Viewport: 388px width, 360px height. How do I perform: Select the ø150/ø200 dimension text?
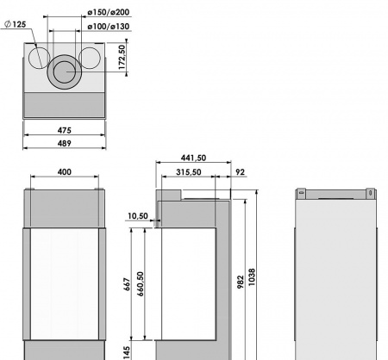click(x=110, y=13)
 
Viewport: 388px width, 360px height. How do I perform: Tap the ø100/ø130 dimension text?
click(x=110, y=28)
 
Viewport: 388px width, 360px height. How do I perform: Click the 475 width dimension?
click(x=65, y=130)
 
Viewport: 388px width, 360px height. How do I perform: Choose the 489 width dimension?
click(x=65, y=144)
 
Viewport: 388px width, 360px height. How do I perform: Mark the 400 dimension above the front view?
click(x=65, y=172)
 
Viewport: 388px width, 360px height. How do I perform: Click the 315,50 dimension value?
click(x=188, y=172)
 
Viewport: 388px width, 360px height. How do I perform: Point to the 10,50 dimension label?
click(x=136, y=216)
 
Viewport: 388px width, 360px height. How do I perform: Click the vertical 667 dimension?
click(x=127, y=285)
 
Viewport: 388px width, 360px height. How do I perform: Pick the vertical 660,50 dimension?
click(x=140, y=285)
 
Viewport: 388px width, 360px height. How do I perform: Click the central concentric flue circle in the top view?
click(x=65, y=71)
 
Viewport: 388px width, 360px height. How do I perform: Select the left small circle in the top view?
click(x=38, y=59)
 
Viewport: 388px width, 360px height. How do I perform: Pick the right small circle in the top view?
click(x=90, y=58)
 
